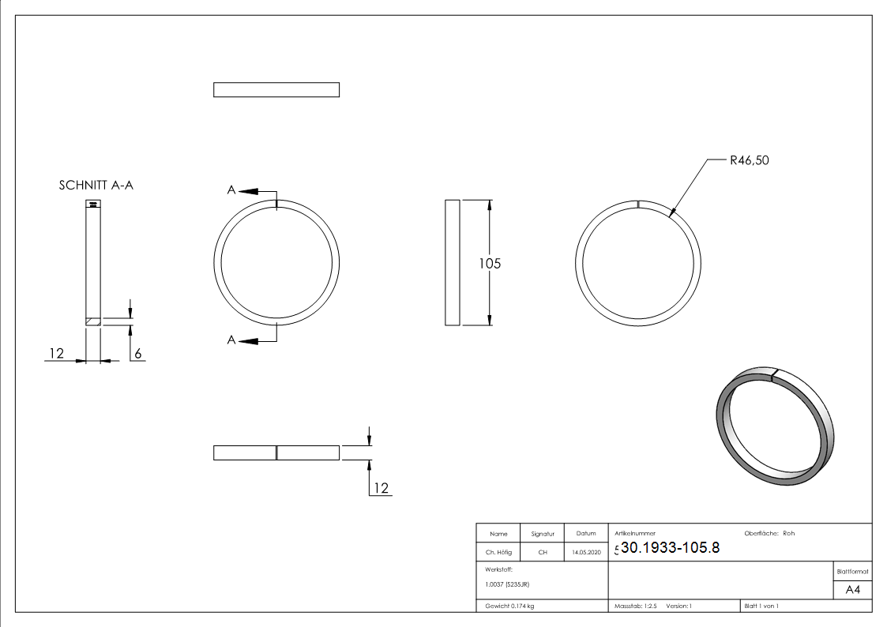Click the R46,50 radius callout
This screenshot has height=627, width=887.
(749, 160)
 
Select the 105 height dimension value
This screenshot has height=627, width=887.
(490, 263)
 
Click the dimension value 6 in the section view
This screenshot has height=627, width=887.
(137, 354)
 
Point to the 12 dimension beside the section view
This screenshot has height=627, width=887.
(55, 354)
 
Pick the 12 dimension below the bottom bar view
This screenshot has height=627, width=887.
(381, 489)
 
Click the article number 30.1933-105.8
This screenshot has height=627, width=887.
(670, 548)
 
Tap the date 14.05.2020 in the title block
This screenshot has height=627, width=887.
(585, 553)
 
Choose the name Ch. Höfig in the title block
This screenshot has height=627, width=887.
(498, 553)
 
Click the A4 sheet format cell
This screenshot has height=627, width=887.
(853, 590)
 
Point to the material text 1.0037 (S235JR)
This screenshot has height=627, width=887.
(507, 584)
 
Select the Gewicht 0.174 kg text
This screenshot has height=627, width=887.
(509, 606)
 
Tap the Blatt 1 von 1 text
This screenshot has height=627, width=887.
(761, 606)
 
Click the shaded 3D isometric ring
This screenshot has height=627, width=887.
(774, 426)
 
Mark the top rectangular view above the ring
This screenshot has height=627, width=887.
(276, 90)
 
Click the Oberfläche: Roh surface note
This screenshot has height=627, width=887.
(769, 533)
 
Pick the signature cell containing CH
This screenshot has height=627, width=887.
(543, 553)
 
